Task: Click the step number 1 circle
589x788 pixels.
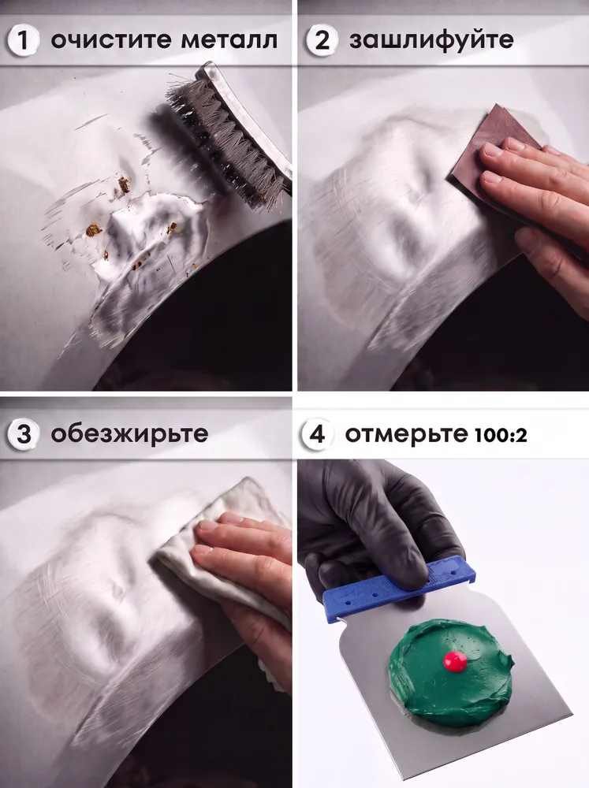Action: pos(23,40)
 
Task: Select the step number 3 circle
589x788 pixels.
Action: pos(23,433)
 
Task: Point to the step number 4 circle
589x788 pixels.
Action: pos(316,433)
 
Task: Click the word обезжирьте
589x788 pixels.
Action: pos(129,433)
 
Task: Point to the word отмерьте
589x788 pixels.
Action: pos(406,434)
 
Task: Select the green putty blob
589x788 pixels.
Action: pos(451,671)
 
